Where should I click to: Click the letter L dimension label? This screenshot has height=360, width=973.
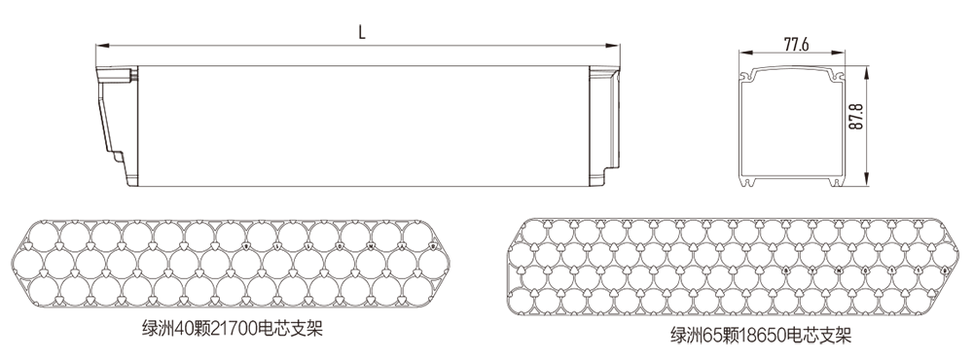(x=361, y=31)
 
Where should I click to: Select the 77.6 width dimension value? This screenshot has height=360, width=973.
(x=796, y=45)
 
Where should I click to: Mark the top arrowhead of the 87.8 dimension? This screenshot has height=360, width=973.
(x=866, y=68)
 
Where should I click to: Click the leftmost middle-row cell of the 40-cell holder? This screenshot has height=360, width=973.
(x=30, y=263)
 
